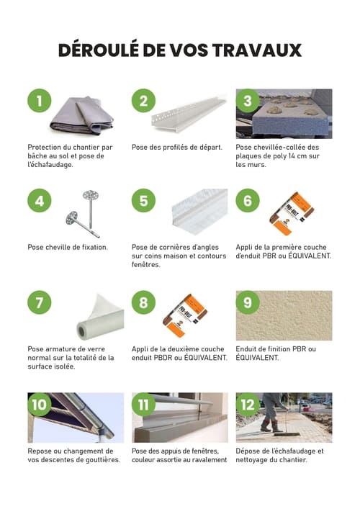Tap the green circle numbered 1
(40, 101)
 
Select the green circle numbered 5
(143, 200)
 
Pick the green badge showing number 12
(248, 405)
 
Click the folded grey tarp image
(82, 116)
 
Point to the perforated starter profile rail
(189, 113)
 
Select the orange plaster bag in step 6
(292, 213)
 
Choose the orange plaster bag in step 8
(185, 315)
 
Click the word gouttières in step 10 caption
(102, 460)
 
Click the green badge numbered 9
(248, 302)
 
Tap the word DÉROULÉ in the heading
(99, 50)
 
